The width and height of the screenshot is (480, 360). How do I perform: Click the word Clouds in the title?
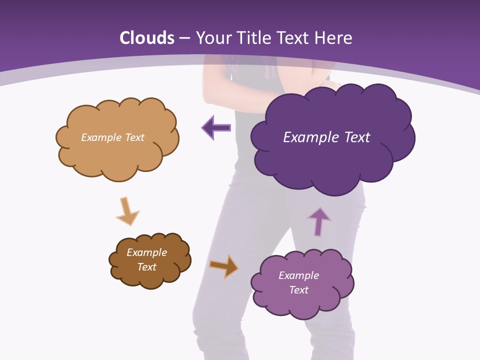click(x=147, y=38)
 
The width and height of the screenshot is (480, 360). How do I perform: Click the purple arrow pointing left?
click(x=216, y=127)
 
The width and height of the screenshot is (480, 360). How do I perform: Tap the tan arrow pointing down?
click(x=127, y=210)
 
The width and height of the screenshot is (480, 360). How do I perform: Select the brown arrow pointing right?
click(x=223, y=265)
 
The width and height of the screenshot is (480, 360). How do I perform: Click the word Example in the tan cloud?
click(x=100, y=137)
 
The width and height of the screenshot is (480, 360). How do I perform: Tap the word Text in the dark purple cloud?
click(x=356, y=137)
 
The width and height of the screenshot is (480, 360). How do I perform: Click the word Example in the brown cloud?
click(x=146, y=252)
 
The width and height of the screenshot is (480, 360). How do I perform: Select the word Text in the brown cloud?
click(x=146, y=267)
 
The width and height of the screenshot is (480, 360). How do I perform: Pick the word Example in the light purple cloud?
click(x=298, y=275)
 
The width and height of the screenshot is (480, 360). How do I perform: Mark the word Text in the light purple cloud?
click(x=298, y=290)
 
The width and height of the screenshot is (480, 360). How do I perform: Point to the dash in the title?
click(x=184, y=38)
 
